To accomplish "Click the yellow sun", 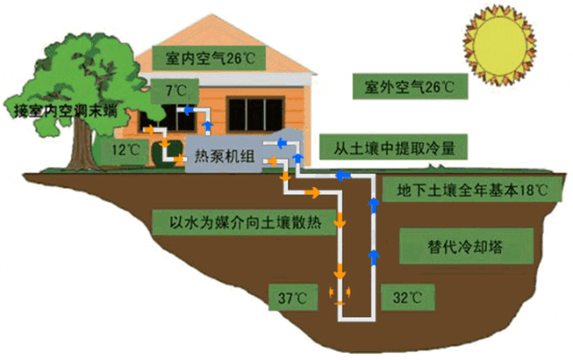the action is coord(500,46).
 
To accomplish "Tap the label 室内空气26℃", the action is coord(209,58).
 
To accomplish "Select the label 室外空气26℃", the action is coord(410,87).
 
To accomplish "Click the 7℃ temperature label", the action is coord(175,90).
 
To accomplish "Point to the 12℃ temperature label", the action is coord(125,150).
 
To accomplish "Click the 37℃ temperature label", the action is coord(293,297).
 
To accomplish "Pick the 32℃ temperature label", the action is coord(408,297).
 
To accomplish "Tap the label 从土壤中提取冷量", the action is coord(394,147).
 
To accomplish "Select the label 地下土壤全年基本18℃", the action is coord(472,189).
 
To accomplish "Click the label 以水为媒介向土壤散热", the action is coord(244,222).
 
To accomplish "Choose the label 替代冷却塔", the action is coord(466,246).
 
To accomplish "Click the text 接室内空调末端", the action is coord(65,110).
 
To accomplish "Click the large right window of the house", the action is coord(255,115).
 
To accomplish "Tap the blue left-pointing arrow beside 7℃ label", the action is coord(189,109).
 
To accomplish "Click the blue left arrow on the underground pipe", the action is coord(343,176).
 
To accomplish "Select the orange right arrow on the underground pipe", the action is coord(312,192).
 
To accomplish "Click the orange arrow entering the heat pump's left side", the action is coord(179,159).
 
